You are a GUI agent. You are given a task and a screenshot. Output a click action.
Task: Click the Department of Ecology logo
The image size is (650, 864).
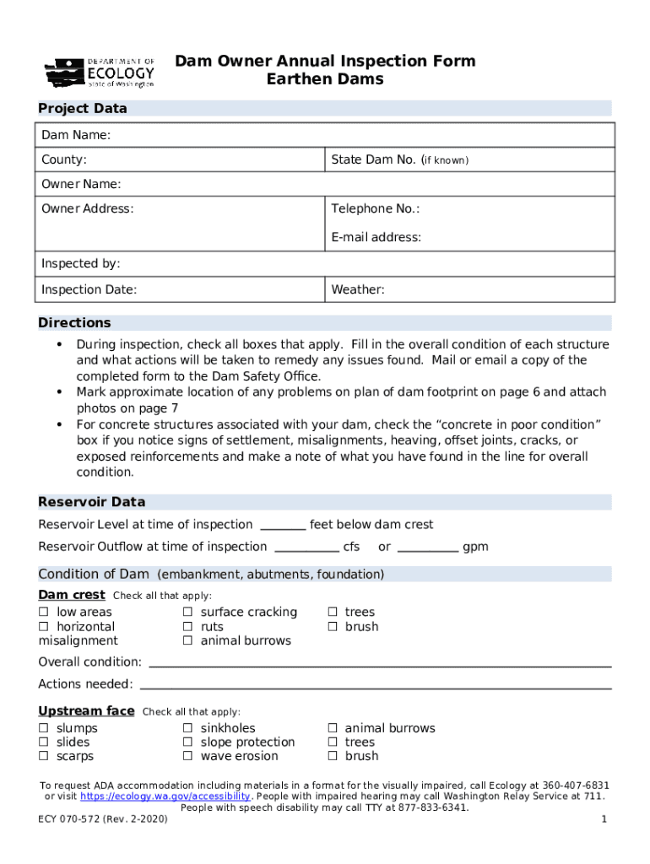click(x=100, y=73)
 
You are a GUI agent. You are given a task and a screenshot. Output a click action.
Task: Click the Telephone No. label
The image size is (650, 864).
click(x=375, y=209)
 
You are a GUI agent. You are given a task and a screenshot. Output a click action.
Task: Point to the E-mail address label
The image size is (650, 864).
click(x=376, y=238)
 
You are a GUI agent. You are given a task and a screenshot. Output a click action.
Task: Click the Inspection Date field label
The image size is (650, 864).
click(x=89, y=290)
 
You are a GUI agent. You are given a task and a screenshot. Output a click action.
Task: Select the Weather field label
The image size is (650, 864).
click(x=358, y=290)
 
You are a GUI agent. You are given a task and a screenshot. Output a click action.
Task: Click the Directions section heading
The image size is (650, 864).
click(x=74, y=323)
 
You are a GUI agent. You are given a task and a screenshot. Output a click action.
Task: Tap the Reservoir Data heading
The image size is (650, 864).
click(x=91, y=502)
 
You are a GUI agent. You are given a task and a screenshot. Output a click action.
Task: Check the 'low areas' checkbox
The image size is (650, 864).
click(x=43, y=613)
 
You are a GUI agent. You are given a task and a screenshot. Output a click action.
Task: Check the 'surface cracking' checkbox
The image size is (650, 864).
click(x=187, y=613)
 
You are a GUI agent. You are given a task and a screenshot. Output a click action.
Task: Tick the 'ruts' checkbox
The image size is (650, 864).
click(x=187, y=627)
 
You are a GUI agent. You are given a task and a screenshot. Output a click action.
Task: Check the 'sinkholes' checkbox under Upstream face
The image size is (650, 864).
click(x=187, y=728)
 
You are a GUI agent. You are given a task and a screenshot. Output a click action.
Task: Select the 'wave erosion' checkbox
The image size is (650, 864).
click(x=187, y=757)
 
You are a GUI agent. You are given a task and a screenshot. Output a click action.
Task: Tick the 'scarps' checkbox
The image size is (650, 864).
click(x=43, y=757)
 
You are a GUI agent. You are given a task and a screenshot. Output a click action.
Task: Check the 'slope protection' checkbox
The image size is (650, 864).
click(x=187, y=742)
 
